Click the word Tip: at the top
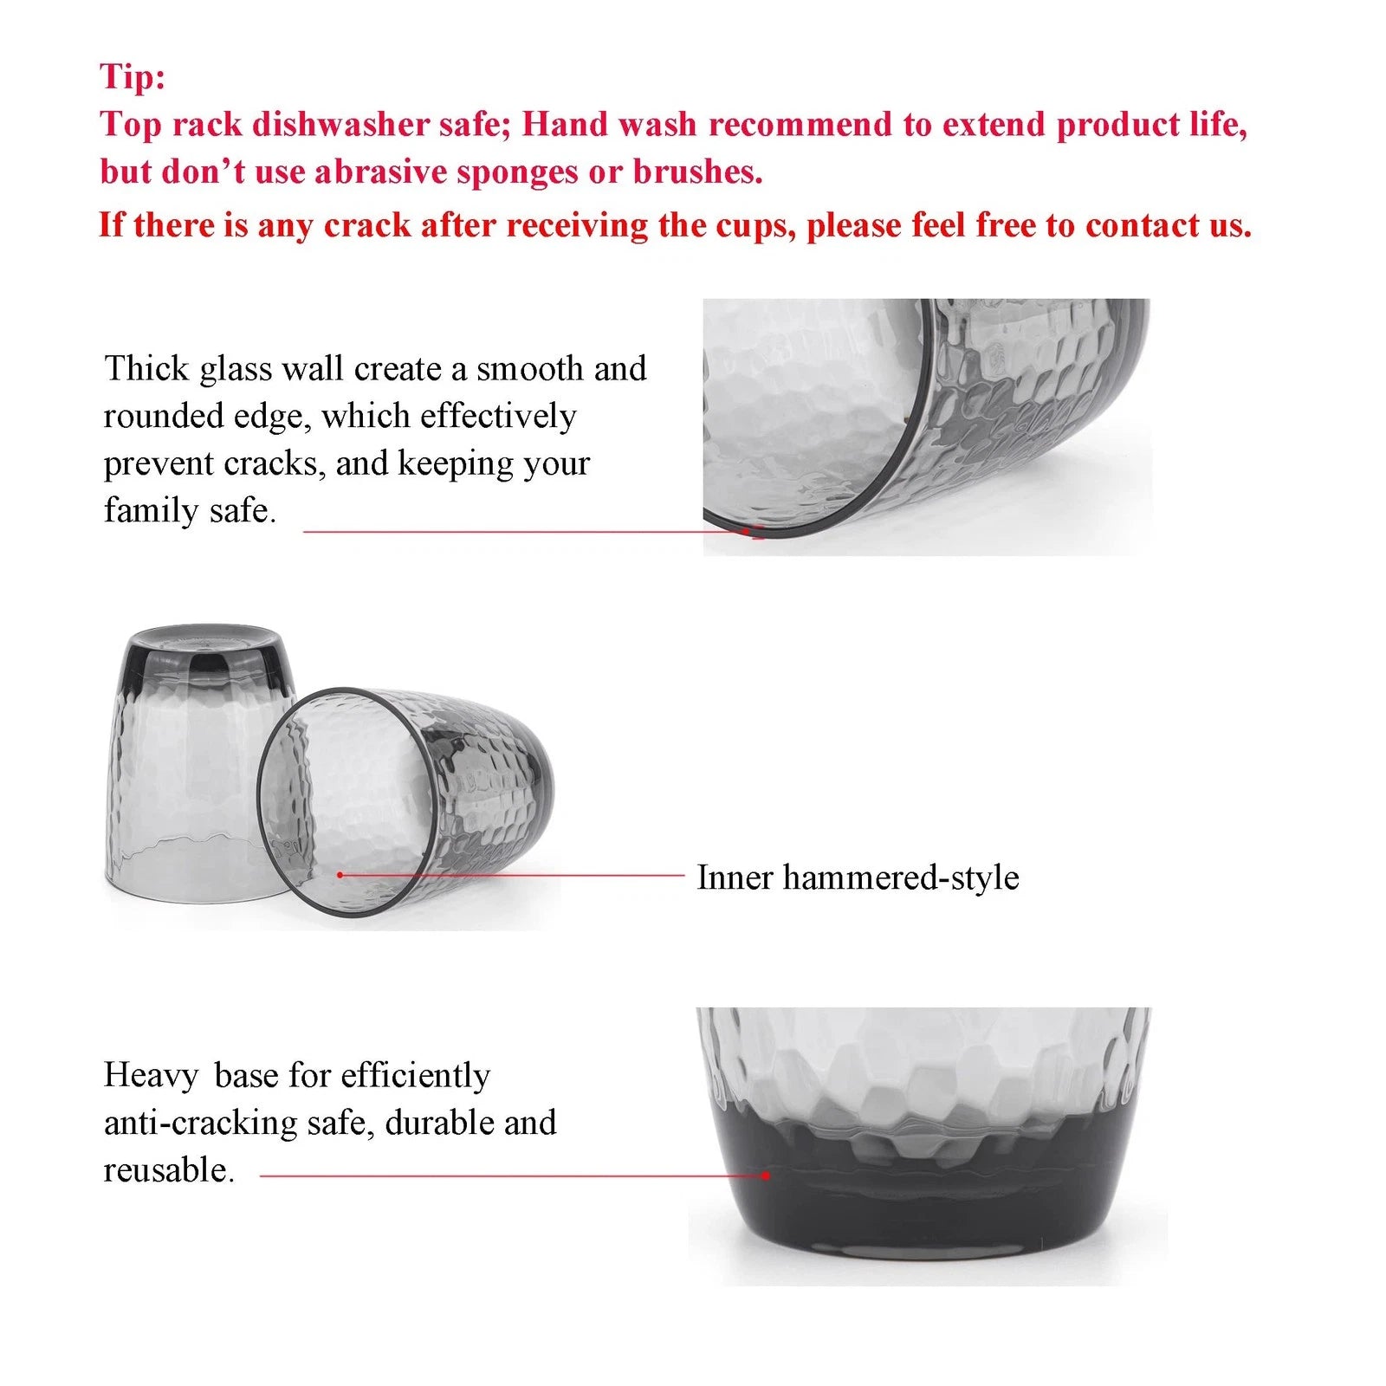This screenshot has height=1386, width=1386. [132, 76]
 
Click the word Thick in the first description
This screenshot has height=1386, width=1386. [146, 369]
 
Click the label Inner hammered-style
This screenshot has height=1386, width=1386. [858, 878]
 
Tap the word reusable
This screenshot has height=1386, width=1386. [168, 1170]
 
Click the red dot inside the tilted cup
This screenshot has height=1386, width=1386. [340, 875]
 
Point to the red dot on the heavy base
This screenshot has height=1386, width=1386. [766, 1176]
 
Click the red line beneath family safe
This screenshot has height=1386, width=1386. [520, 532]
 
